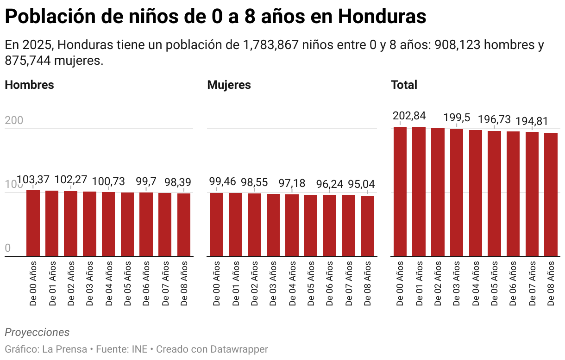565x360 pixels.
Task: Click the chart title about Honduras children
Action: [x=215, y=17]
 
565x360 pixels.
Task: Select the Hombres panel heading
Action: [x=29, y=85]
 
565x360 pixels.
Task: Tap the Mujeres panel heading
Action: [x=229, y=85]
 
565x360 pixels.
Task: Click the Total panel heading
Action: [x=404, y=85]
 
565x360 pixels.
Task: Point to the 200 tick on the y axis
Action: [x=14, y=121]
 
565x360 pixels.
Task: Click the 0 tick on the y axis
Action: [x=7, y=248]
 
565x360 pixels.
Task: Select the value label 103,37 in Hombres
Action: [x=33, y=180]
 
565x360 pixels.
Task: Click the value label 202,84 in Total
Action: [x=409, y=116]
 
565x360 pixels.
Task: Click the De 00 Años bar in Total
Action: [x=400, y=192]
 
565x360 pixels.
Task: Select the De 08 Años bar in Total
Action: [x=551, y=194]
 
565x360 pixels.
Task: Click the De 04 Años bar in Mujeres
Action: [x=292, y=225]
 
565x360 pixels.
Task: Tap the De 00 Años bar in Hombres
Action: [x=33, y=223]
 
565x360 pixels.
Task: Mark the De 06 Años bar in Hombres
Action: [x=146, y=224]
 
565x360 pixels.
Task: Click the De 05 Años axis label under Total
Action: [x=494, y=283]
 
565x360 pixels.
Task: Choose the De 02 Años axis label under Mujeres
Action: [x=254, y=283]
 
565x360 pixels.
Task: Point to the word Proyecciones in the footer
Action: [x=37, y=332]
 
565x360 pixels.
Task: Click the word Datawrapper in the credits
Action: [x=239, y=349]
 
